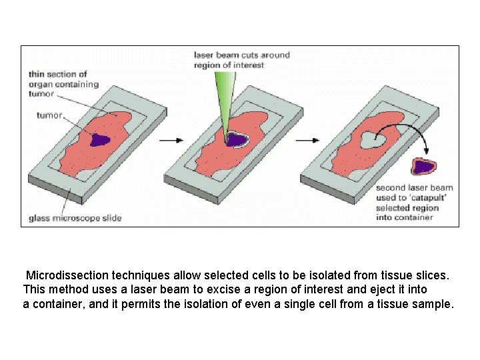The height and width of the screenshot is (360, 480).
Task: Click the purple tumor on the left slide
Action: [x=100, y=140]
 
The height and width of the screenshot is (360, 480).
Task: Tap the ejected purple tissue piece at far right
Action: [x=424, y=165]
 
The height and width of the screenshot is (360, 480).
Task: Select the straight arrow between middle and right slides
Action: [x=305, y=141]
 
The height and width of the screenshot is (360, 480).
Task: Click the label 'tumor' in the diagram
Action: [x=50, y=115]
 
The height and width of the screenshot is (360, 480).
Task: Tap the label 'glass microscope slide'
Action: [x=75, y=218]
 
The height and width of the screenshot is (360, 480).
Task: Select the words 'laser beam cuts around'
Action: [x=242, y=55]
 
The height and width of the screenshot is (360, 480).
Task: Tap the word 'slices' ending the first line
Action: [x=433, y=275]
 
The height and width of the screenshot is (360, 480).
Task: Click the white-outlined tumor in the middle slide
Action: [x=235, y=139]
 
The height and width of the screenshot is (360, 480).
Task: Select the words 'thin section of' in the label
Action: [x=58, y=74]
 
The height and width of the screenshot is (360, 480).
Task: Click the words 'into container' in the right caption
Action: [x=405, y=217]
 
